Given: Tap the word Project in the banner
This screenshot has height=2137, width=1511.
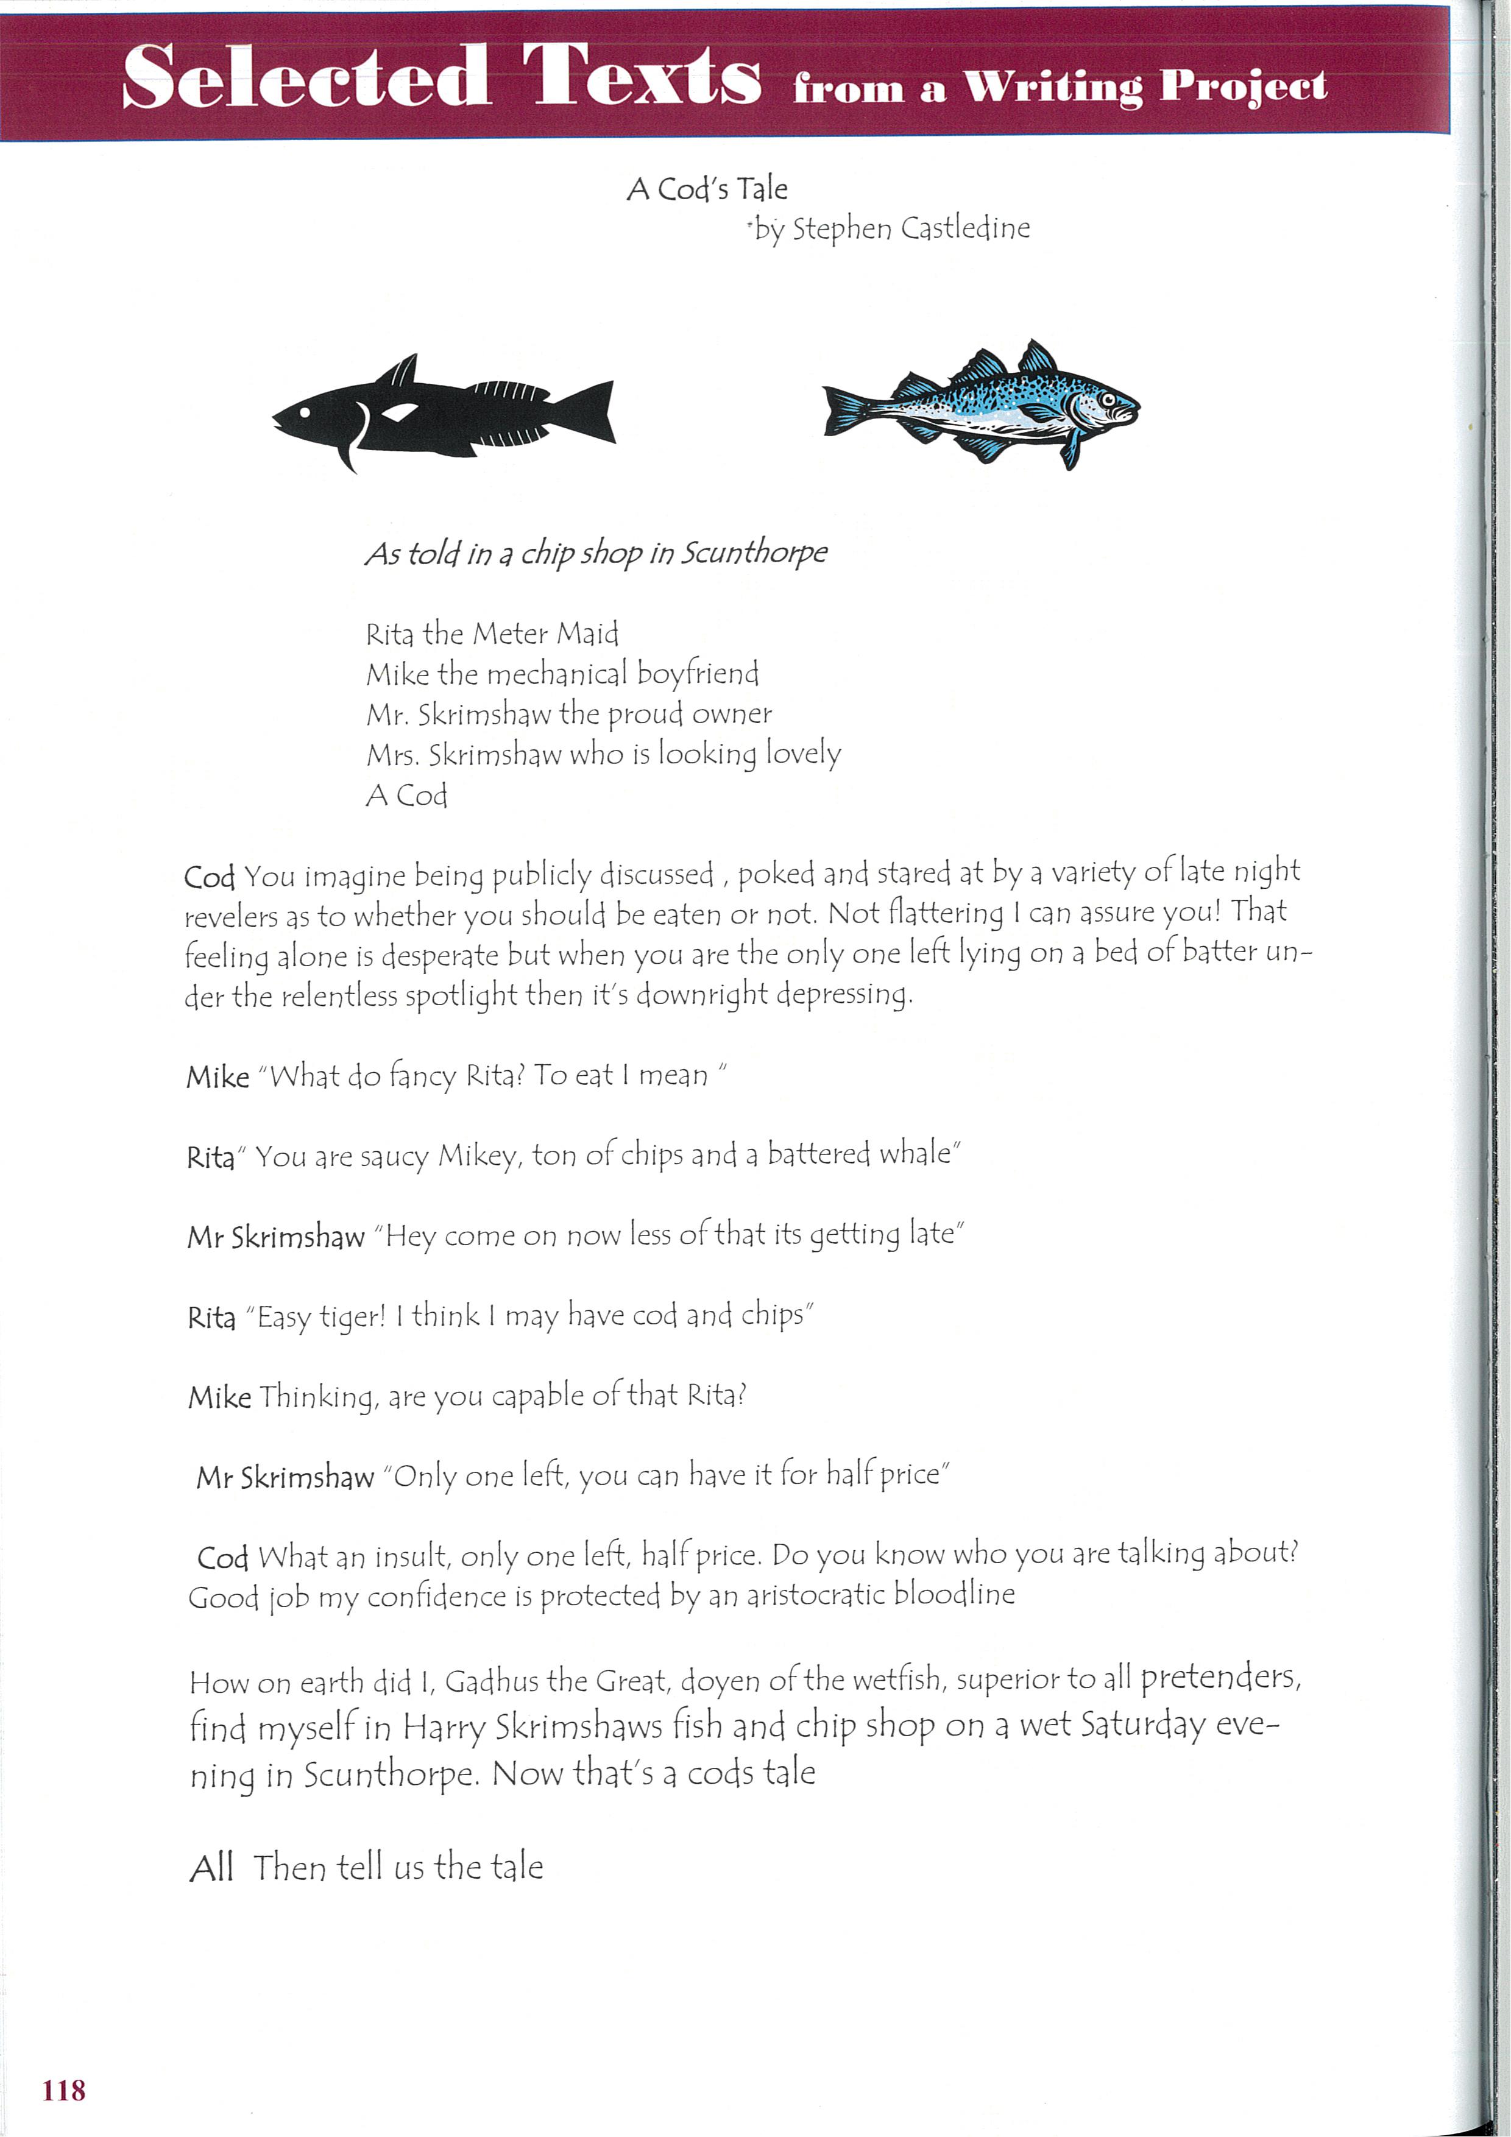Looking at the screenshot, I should pyautogui.click(x=1243, y=87).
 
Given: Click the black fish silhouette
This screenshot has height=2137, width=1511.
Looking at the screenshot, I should pyautogui.click(x=443, y=413).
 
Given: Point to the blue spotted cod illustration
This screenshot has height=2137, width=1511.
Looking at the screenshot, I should pyautogui.click(x=982, y=405).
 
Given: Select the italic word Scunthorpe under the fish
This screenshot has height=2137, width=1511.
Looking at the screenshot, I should pyautogui.click(x=755, y=553).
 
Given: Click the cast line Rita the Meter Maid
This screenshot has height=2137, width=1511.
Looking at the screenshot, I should pyautogui.click(x=492, y=635).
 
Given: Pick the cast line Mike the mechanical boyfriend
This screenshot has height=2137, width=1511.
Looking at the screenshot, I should pyautogui.click(x=561, y=674).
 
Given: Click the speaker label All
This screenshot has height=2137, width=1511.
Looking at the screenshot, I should pyautogui.click(x=211, y=1868).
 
